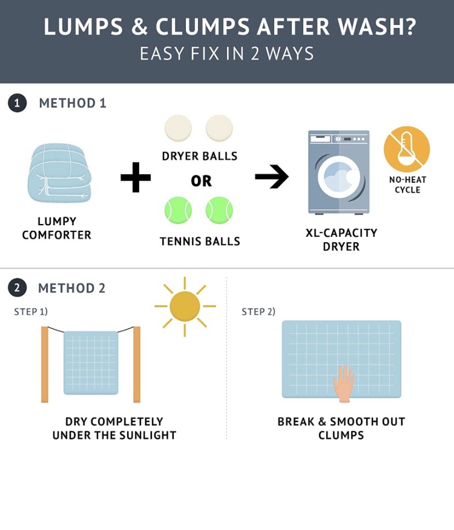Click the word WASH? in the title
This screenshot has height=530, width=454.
pos(377,27)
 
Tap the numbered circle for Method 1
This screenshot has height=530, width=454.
pos(17,103)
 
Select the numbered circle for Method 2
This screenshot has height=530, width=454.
pos(17,288)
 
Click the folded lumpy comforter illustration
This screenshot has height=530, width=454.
pos(60,174)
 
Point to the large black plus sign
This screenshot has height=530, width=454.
pos(135,177)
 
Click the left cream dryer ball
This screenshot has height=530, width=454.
pos(178,128)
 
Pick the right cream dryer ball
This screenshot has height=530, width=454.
pos(219,128)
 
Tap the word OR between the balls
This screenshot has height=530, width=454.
pos(201,181)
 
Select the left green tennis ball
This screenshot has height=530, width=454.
pos(178,210)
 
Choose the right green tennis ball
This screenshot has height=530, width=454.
pos(219,210)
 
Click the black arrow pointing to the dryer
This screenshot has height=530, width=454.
pos(272,176)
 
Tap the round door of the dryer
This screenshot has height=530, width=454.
pos(339,176)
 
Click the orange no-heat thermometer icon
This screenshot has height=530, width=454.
pos(407,149)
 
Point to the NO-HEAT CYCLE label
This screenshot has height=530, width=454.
pos(408,185)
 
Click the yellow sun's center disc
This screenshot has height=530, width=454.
pos(185,306)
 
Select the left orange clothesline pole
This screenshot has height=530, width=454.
pos(44,364)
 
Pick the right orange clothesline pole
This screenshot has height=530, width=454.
pos(137,364)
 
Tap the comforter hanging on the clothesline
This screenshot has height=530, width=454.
pos(91,362)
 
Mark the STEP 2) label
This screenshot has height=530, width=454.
pos(259,311)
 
